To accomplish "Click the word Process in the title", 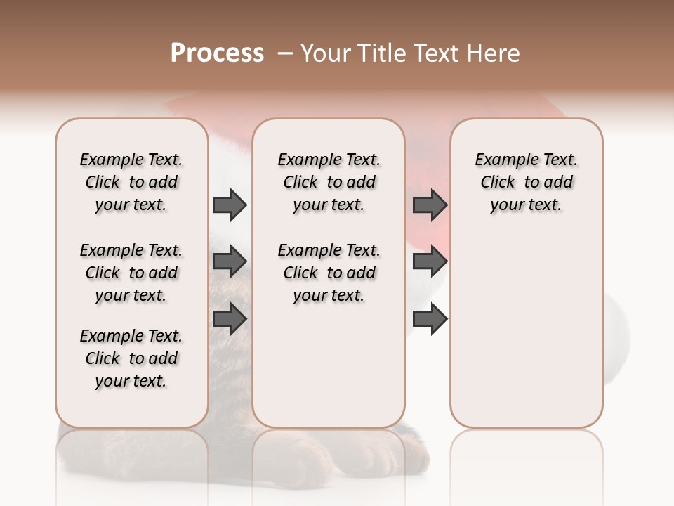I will click(217, 53).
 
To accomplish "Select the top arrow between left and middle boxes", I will click(230, 205).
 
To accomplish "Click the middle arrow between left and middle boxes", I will click(230, 261).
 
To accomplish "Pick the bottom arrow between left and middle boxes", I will click(230, 318).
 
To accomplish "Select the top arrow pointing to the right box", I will click(430, 205).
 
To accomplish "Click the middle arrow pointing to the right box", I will click(430, 261).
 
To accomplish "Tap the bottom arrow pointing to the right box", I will click(430, 318).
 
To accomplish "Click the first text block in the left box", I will click(131, 182).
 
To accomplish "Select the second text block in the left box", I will click(131, 273).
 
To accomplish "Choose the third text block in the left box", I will click(131, 358).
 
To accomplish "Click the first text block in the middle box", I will click(329, 182).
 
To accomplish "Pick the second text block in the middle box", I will click(329, 273).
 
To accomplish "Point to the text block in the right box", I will click(526, 182).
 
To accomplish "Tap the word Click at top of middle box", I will click(300, 183).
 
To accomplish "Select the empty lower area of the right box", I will click(526, 337).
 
